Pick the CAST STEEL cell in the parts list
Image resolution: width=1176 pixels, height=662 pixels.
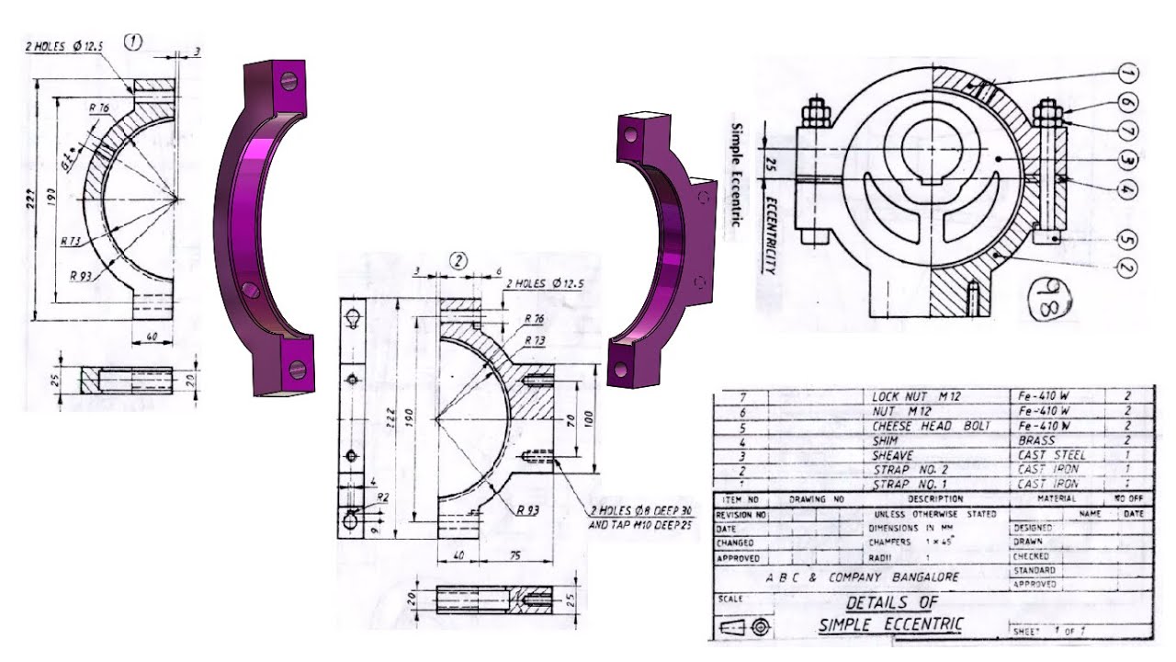[1051, 455]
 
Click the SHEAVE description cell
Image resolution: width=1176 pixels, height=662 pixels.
[892, 455]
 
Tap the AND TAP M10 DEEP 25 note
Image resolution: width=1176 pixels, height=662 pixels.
[639, 525]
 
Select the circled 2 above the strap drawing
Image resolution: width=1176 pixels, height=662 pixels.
[458, 260]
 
